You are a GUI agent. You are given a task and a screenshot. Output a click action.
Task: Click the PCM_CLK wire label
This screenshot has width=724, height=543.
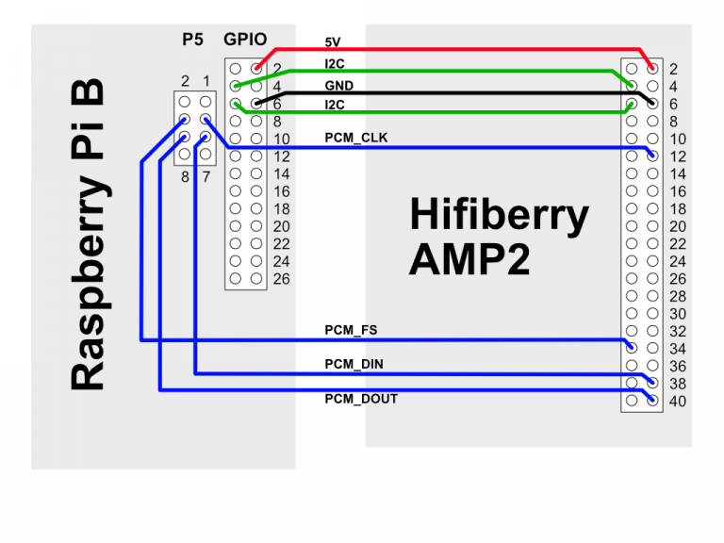tap(355, 139)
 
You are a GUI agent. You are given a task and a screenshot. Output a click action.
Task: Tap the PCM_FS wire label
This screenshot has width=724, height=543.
tap(351, 330)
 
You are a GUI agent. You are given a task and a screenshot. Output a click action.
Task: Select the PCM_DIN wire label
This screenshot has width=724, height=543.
tap(354, 364)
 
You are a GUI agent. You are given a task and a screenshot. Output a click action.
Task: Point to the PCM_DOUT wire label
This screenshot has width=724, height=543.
tap(360, 399)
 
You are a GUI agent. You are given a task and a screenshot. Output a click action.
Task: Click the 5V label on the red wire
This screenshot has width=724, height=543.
tap(332, 43)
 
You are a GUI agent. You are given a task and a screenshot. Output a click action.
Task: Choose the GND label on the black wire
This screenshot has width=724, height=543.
tap(338, 86)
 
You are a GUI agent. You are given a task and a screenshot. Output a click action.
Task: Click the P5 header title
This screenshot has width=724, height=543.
tap(192, 40)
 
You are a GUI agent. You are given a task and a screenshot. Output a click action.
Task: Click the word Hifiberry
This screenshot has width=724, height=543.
tap(499, 216)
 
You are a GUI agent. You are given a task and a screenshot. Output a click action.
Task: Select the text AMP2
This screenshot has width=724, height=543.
tap(469, 258)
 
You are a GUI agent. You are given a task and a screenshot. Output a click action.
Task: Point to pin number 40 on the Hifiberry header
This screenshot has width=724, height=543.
tap(676, 402)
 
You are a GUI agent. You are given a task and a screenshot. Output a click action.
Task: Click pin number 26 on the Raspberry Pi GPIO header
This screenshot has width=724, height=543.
tap(281, 279)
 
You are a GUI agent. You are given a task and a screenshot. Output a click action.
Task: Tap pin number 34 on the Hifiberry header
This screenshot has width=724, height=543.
tap(676, 349)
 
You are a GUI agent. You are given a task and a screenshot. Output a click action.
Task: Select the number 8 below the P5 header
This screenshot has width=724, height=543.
tap(186, 175)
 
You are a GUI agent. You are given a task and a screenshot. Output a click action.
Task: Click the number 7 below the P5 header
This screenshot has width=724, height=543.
tap(206, 175)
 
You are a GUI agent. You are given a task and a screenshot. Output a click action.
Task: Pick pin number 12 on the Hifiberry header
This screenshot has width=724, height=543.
tap(676, 156)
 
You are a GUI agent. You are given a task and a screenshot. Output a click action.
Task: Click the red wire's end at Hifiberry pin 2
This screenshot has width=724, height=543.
tap(652, 68)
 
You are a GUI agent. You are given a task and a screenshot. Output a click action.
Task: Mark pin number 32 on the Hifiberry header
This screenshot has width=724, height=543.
tap(676, 332)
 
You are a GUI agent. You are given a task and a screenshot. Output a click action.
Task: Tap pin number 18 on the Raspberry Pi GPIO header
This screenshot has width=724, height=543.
tap(281, 209)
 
